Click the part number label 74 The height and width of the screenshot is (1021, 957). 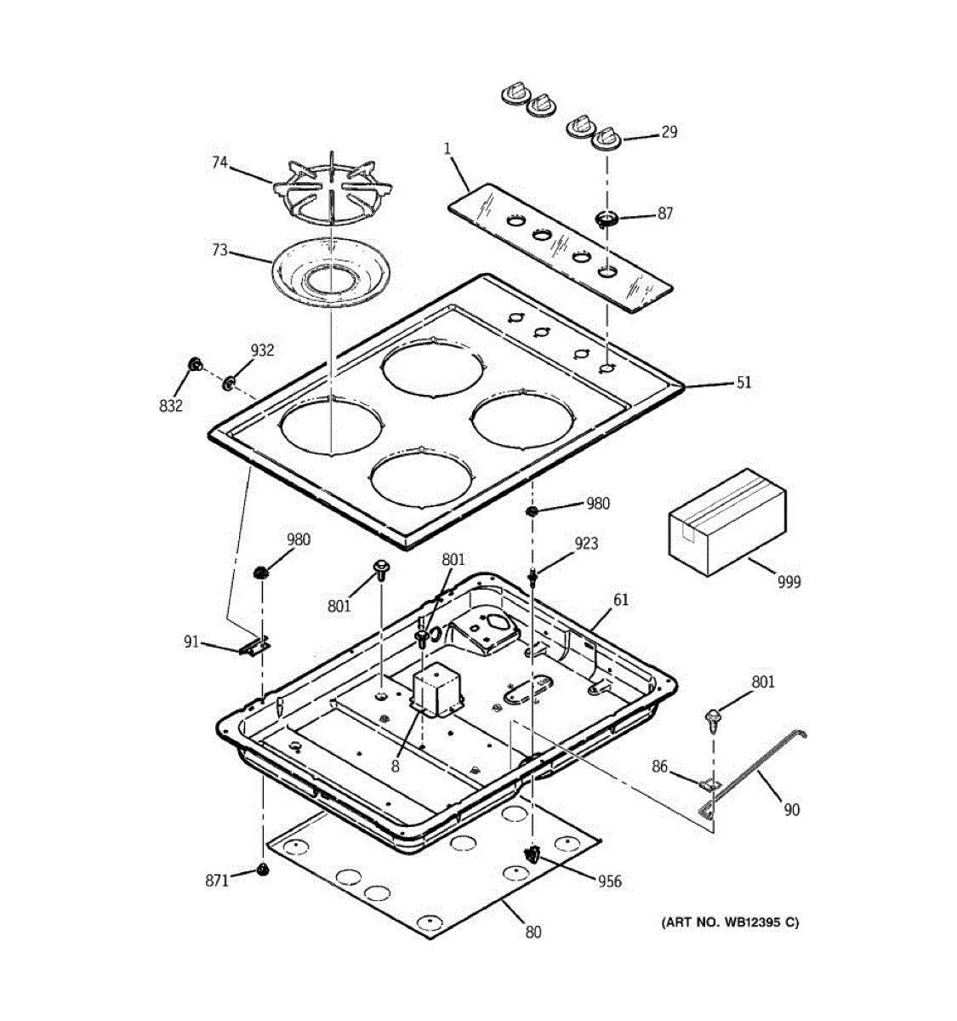(219, 163)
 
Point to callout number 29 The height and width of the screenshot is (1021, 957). (669, 132)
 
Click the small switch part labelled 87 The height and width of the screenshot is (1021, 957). (606, 220)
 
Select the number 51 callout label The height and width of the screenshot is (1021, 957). (743, 383)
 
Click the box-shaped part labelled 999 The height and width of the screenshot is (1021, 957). (726, 518)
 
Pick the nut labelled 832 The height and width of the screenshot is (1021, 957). (195, 366)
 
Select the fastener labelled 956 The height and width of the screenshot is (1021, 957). (533, 854)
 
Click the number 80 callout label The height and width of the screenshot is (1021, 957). (533, 932)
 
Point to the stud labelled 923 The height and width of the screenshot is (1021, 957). (533, 577)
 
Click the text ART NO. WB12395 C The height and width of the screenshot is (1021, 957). (730, 922)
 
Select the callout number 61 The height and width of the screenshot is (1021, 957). (621, 601)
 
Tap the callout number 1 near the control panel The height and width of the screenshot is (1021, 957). (447, 150)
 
